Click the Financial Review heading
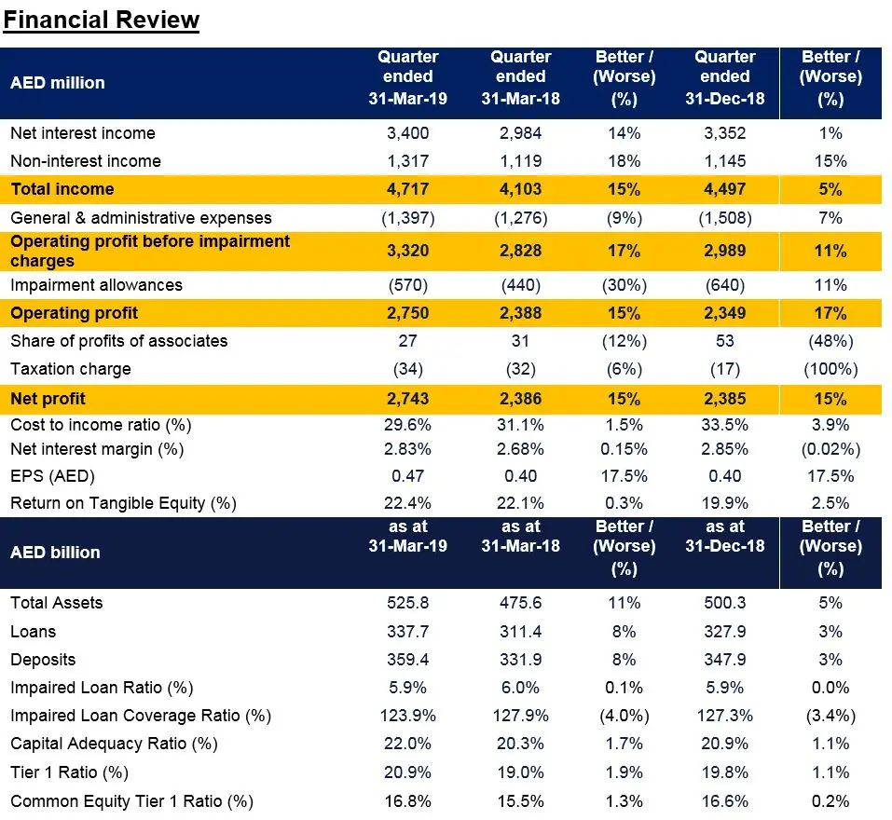[x=102, y=20]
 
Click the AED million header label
[x=58, y=83]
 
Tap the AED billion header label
[x=55, y=553]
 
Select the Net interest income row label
[x=83, y=133]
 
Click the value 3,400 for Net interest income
[x=408, y=133]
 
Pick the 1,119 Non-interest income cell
[x=520, y=161]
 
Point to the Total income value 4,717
[x=408, y=189]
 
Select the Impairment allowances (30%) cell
[x=624, y=285]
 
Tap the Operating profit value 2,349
[x=725, y=313]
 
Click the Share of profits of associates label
[x=119, y=341]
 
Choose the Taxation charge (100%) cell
[x=830, y=370]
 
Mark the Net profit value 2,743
[x=408, y=399]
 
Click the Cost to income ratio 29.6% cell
[x=408, y=425]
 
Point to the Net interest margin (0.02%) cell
[x=830, y=449]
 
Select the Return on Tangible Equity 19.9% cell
[x=725, y=503]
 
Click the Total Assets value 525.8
[x=408, y=603]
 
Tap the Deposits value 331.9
[x=520, y=660]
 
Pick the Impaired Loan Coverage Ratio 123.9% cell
[x=408, y=716]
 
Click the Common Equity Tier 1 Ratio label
[x=132, y=801]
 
